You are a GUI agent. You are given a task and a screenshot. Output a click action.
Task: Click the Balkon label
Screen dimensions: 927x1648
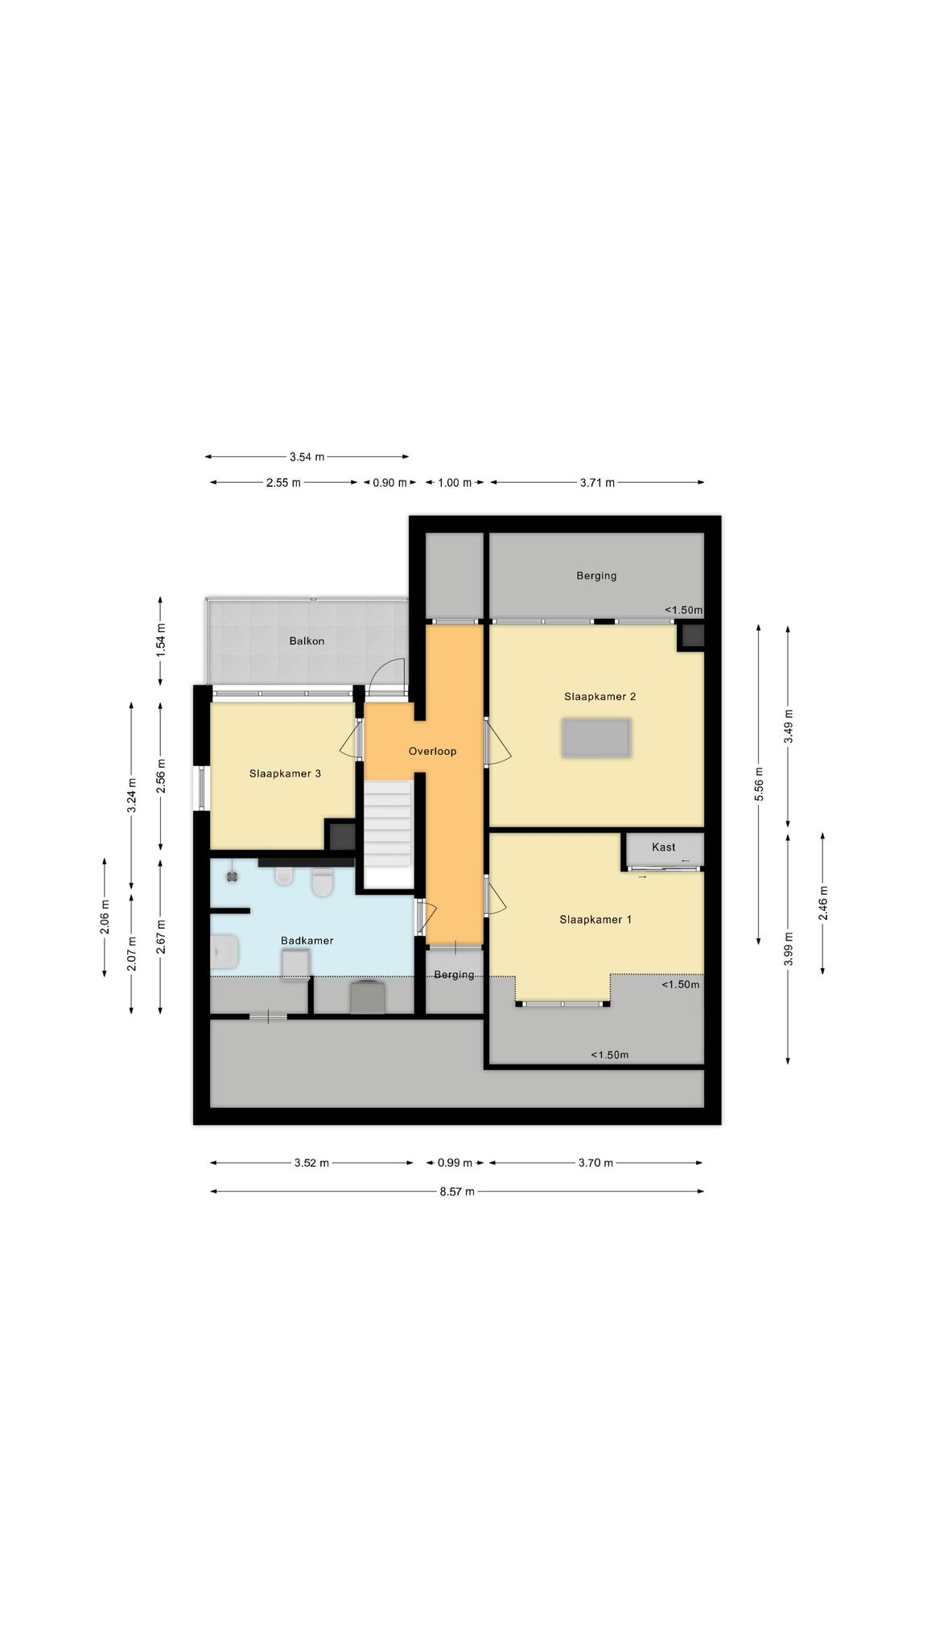(307, 641)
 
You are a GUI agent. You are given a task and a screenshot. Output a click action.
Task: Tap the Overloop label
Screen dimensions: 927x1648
(432, 752)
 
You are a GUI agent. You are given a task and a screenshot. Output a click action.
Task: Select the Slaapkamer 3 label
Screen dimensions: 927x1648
(285, 774)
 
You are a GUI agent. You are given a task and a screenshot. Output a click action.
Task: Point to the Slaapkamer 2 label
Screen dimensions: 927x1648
(599, 697)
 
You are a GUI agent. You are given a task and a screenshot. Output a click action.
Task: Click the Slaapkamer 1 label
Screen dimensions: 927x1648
(595, 920)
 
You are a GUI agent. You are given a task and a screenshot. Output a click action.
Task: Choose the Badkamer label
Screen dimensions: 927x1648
(307, 941)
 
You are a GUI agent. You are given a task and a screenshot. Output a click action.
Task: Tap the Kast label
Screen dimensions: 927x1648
(664, 847)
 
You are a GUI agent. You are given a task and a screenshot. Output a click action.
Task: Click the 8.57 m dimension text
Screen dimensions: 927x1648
(457, 1192)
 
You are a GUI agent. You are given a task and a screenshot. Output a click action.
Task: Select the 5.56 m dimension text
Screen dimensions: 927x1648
(759, 784)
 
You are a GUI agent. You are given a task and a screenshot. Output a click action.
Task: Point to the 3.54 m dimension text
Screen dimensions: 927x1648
(307, 457)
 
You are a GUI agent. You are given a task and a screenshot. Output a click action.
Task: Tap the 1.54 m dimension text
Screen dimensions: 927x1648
(160, 641)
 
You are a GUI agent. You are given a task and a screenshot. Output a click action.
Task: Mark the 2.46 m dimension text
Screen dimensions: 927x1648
(823, 903)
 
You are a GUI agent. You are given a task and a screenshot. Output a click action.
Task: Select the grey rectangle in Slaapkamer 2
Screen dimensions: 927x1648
(596, 739)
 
